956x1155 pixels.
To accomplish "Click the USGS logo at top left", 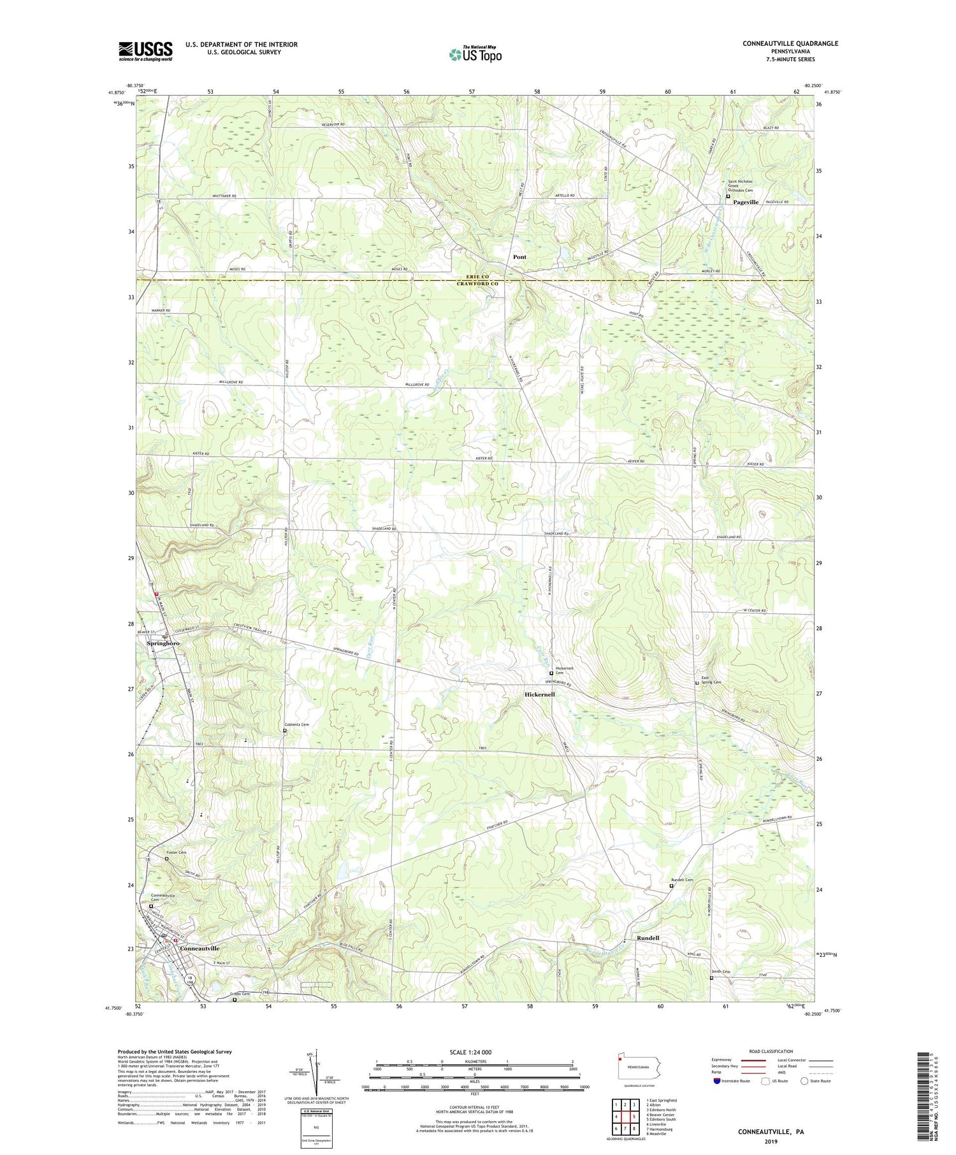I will click(x=145, y=51).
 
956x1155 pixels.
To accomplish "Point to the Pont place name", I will click(x=519, y=257).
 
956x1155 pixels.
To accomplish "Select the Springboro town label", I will click(x=163, y=643).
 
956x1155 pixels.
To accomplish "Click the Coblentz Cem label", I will click(x=296, y=724).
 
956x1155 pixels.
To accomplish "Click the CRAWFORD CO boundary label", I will click(x=477, y=283).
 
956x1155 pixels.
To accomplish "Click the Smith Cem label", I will click(x=721, y=972).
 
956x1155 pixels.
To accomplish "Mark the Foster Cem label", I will click(x=177, y=852).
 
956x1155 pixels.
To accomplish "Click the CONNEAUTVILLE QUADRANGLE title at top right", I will click(x=781, y=43).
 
